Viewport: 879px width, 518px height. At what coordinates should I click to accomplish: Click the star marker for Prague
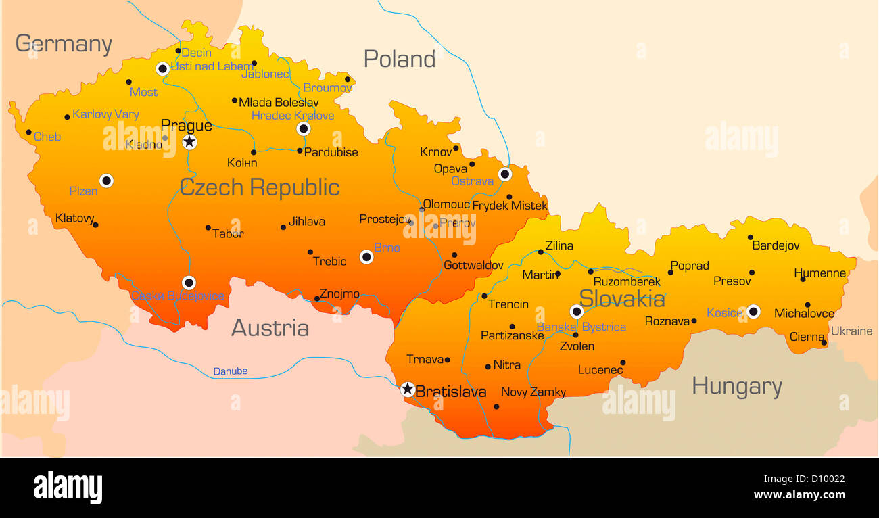coord(189,142)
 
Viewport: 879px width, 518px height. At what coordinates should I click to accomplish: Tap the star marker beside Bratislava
coord(407,389)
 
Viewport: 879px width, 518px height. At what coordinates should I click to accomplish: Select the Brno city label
coord(387,248)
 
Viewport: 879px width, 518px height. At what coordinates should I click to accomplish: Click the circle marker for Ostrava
coord(505,174)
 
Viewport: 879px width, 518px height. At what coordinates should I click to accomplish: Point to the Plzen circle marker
coord(106,181)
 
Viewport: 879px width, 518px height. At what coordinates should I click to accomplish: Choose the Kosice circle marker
coord(753,312)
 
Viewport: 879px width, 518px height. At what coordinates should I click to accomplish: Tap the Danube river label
coord(230,371)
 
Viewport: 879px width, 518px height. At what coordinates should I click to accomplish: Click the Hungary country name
coord(736,387)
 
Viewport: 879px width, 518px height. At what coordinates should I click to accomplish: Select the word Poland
coord(399,60)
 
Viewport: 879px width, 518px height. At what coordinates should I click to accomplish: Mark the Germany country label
coord(64,44)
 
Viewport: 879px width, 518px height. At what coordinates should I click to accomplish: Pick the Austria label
coord(270,328)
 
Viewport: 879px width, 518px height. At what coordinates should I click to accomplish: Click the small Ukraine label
coord(851,331)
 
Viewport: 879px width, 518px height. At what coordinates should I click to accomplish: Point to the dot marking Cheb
coord(28,133)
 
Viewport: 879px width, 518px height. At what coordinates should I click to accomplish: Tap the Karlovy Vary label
coord(105,114)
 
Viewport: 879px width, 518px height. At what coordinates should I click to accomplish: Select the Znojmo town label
coord(339,293)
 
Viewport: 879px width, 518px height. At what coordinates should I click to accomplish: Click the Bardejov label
coord(776,246)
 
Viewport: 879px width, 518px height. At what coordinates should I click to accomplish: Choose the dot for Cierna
coord(824,343)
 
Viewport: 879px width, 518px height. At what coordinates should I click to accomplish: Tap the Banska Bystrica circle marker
coord(576,312)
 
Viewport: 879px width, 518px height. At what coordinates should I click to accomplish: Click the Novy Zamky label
coord(533,392)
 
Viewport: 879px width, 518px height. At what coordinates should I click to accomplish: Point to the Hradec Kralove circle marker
coord(304,128)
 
